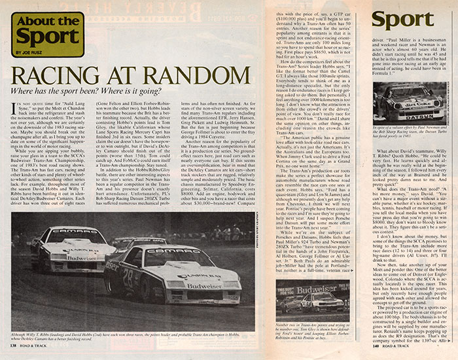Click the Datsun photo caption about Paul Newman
point(415,137)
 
